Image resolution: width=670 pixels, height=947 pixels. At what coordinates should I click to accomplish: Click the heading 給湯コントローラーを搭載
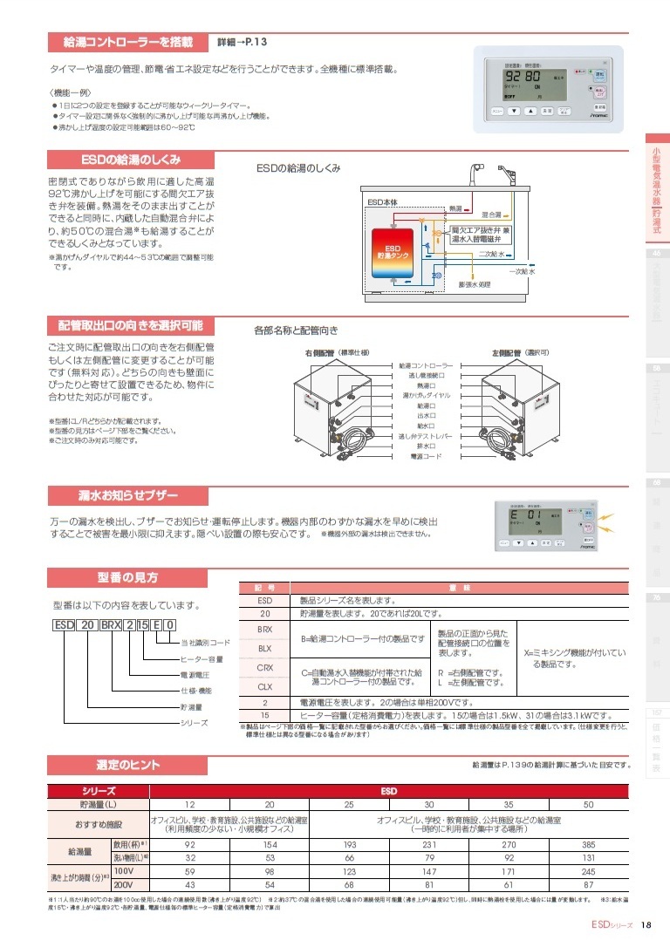click(127, 41)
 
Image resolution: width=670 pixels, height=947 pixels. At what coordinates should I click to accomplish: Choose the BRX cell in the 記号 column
click(266, 628)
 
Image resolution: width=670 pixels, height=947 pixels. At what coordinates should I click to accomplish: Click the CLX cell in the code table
click(266, 686)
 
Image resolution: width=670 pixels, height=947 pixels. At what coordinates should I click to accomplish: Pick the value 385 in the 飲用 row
click(587, 845)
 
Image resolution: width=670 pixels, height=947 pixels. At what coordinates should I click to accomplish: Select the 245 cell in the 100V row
click(587, 871)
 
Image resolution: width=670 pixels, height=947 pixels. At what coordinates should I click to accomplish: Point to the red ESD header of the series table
click(390, 790)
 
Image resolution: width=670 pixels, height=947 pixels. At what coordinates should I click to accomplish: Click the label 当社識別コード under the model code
click(205, 643)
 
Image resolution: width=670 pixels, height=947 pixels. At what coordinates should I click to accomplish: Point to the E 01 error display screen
click(525, 516)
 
